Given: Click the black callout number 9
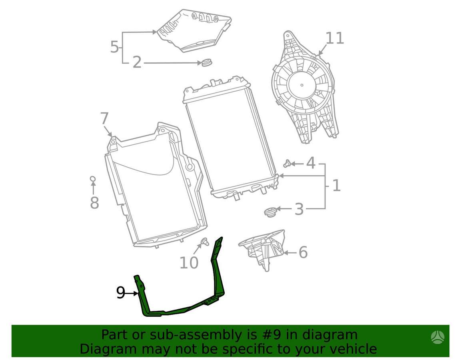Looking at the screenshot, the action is [120, 293].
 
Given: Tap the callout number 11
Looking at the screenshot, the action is [335, 38].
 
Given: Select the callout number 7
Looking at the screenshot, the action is [104, 118].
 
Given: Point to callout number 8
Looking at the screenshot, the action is [94, 203].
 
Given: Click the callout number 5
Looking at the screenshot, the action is [114, 47].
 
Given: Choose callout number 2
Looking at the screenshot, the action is [137, 62].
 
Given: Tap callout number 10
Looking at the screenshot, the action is [189, 263].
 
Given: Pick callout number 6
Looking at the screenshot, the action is [303, 252].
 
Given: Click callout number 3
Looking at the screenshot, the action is [299, 209].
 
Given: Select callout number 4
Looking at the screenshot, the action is [311, 163].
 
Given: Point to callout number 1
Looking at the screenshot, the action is [336, 186].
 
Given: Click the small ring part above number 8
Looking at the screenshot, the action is [93, 179].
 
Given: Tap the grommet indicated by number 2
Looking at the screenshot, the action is [206, 63].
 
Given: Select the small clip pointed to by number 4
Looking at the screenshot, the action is [287, 164].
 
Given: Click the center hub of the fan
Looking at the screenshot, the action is [302, 85].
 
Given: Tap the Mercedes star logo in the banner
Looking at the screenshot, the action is [438, 337].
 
